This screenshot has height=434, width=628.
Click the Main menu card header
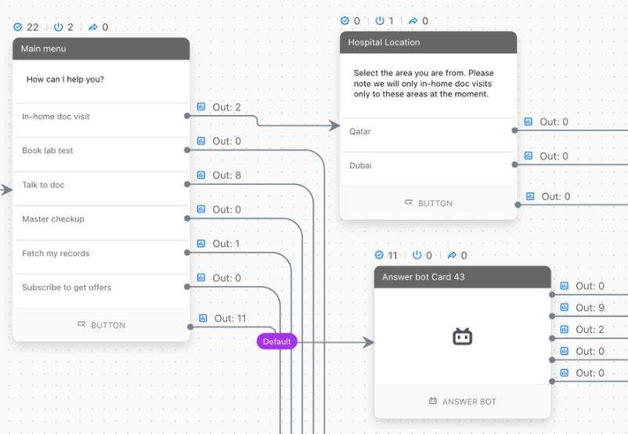click(x=101, y=49)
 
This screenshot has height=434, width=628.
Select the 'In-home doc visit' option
click(x=56, y=117)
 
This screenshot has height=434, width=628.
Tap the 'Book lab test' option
click(x=48, y=150)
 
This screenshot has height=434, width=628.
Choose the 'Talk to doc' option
click(x=43, y=185)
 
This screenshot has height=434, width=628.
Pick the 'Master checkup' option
click(x=53, y=219)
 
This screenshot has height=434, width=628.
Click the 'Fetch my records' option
click(x=56, y=253)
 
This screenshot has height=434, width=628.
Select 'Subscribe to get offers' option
click(x=67, y=288)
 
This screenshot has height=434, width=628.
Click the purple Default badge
click(x=276, y=342)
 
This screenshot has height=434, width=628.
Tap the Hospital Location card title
click(x=384, y=42)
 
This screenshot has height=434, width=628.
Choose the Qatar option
click(x=360, y=132)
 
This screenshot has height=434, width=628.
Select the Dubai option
click(x=360, y=165)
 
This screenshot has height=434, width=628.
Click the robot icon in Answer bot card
click(x=463, y=337)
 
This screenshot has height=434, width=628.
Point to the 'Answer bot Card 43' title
click(x=424, y=277)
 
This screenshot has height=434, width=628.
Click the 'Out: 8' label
click(x=226, y=175)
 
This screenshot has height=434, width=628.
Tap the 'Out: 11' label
click(x=230, y=319)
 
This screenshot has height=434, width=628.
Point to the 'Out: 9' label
click(x=590, y=308)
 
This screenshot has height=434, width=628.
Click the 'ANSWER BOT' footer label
click(x=469, y=402)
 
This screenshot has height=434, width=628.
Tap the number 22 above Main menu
click(x=32, y=27)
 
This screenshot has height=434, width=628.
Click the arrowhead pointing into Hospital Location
click(x=334, y=125)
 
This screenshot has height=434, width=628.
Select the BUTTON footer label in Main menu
click(x=108, y=325)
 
